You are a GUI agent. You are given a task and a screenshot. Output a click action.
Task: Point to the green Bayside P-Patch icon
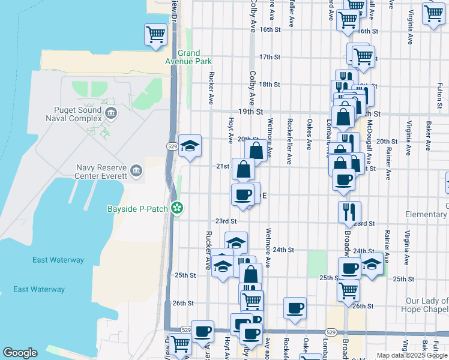[x=177, y=208]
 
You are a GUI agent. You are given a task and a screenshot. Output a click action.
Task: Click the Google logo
[x=20, y=353]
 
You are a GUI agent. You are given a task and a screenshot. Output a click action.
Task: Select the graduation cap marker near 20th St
[x=190, y=146]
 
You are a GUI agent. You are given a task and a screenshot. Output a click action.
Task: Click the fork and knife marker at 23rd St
[x=349, y=211]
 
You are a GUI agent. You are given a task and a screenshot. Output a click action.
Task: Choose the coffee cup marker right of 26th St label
[x=294, y=308]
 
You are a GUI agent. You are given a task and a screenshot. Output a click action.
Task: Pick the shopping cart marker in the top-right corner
[x=433, y=13]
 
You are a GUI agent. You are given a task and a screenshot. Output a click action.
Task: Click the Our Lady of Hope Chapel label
[x=426, y=305]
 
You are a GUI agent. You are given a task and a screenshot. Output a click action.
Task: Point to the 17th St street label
[x=270, y=57]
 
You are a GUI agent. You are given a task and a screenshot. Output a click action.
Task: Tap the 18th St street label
[x=270, y=85]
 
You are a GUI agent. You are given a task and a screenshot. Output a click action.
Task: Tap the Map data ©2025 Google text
[x=412, y=355]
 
